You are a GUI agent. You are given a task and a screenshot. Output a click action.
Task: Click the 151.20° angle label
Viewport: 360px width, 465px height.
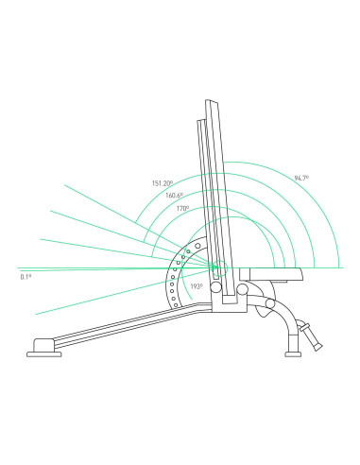(x=163, y=183)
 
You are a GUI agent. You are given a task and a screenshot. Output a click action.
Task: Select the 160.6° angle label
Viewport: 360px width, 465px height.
(x=174, y=196)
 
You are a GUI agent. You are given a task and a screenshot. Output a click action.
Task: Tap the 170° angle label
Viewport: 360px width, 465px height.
(x=182, y=208)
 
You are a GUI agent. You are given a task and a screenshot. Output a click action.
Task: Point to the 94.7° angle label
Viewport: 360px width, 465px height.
(x=301, y=178)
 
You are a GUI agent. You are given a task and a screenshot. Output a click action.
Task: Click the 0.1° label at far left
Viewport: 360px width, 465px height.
(x=26, y=277)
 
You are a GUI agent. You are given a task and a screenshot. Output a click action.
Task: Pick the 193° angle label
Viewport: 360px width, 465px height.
(x=197, y=286)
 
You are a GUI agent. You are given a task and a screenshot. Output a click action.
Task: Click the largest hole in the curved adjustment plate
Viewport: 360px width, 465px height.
(x=197, y=246)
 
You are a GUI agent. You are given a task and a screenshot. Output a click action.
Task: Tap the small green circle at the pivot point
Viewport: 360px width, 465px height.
(x=219, y=268)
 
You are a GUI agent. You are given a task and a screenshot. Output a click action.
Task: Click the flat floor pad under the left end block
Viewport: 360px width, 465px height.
(x=44, y=354)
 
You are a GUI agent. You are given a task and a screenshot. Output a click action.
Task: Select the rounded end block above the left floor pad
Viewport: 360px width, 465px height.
(x=43, y=345)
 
